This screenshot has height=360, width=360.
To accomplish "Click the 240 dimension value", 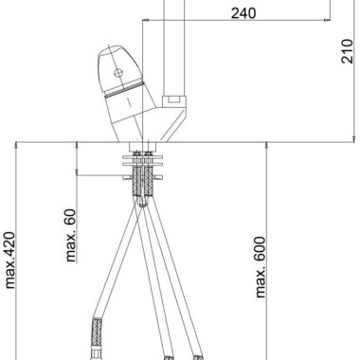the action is click(x=243, y=13).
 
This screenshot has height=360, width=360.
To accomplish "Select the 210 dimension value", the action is click(x=347, y=51).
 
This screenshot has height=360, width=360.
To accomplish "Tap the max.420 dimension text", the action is click(x=10, y=261).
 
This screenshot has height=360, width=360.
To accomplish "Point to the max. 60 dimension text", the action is click(x=71, y=235).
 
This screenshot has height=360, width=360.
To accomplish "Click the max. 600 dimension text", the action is click(x=261, y=267).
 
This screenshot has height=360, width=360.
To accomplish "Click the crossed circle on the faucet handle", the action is click(x=118, y=73).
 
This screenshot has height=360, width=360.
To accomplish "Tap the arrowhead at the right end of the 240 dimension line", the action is click(x=328, y=20).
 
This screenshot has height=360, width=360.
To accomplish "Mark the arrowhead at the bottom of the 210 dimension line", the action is click(x=354, y=139).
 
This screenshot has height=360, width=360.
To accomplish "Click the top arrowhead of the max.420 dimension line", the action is click(x=16, y=146).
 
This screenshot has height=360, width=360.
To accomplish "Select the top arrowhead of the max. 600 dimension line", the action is click(x=267, y=146).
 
